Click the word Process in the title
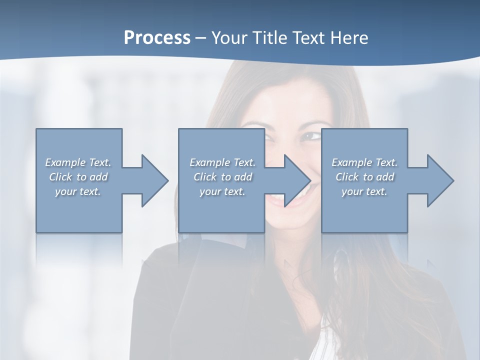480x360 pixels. [x=157, y=38]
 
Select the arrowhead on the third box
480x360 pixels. [x=439, y=180]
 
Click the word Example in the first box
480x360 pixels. [x=65, y=162]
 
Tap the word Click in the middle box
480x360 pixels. [x=205, y=177]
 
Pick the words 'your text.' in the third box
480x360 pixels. [x=364, y=191]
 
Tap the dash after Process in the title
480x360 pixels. [x=201, y=38]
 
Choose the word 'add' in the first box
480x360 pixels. [x=98, y=177]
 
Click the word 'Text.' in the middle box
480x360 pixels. [x=243, y=162]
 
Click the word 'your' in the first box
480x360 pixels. [x=65, y=191]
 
